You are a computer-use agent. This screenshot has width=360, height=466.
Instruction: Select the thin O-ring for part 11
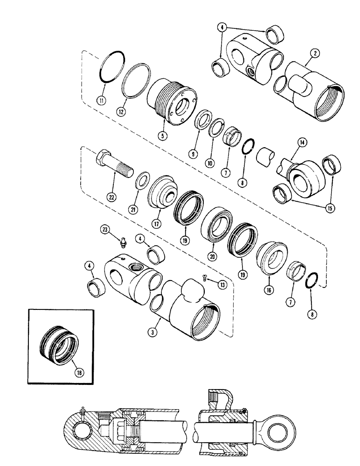(x=113, y=67)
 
